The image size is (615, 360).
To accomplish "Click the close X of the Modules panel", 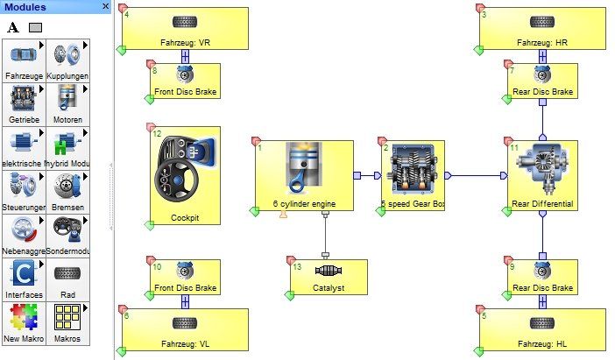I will pyautogui.click(x=106, y=7).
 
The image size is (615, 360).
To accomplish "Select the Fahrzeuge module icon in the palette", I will pyautogui.click(x=23, y=60).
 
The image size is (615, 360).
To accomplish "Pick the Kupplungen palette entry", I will pyautogui.click(x=67, y=60).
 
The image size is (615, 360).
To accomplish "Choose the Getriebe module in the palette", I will pyautogui.click(x=23, y=102).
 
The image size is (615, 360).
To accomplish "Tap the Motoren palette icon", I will pyautogui.click(x=67, y=102).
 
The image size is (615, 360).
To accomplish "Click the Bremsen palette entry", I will pyautogui.click(x=67, y=190).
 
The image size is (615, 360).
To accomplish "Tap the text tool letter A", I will pyautogui.click(x=13, y=27).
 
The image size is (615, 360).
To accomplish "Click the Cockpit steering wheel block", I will pyautogui.click(x=183, y=175).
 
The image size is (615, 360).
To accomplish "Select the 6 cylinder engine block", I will pyautogui.click(x=304, y=175).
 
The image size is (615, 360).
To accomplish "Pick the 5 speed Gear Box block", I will pyautogui.click(x=412, y=175).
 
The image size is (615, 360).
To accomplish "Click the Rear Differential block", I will pyautogui.click(x=541, y=175).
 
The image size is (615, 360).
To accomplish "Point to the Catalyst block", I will pyautogui.click(x=329, y=276).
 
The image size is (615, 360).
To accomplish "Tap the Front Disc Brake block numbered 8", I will pyautogui.click(x=184, y=80).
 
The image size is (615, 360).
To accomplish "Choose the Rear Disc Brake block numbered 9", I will pyautogui.click(x=541, y=276).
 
